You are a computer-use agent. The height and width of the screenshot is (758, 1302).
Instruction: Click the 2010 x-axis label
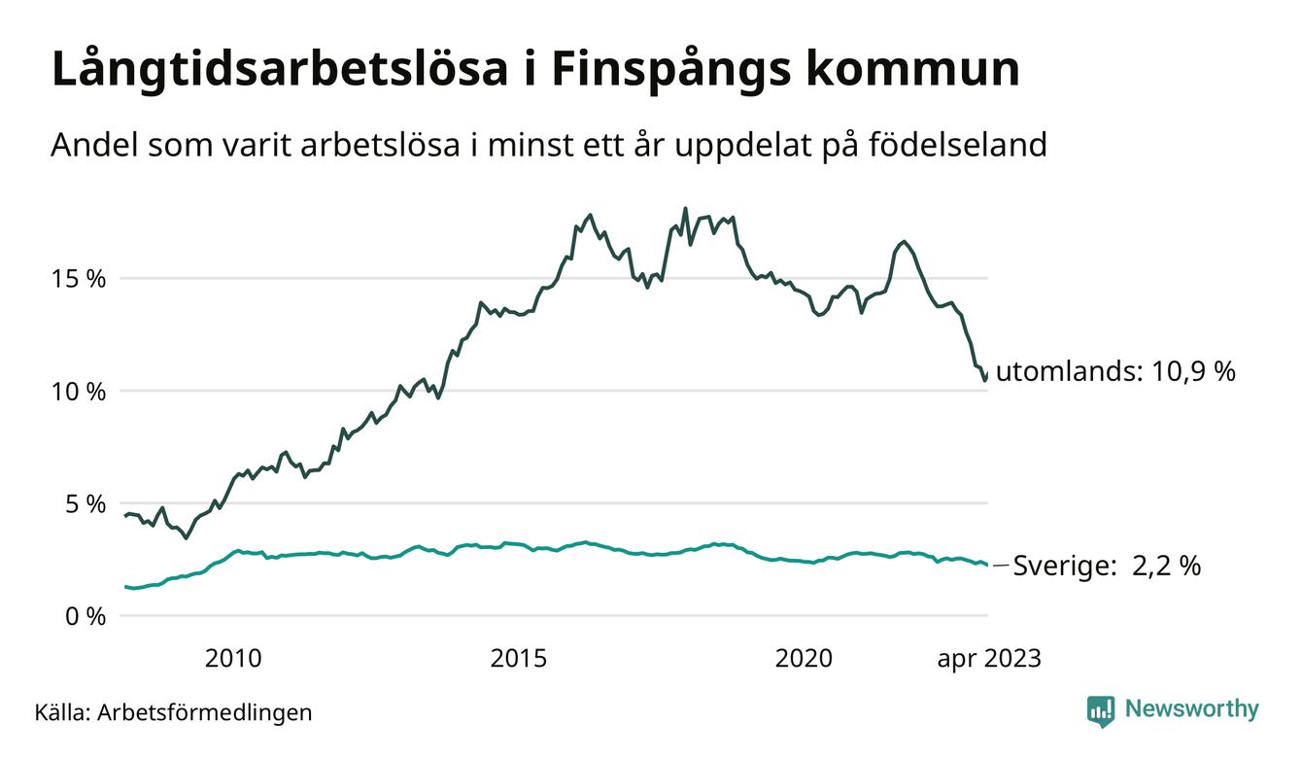(x=233, y=659)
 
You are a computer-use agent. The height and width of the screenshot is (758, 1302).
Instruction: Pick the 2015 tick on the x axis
(x=519, y=659)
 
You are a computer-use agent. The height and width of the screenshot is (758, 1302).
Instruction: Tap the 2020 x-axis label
(x=805, y=659)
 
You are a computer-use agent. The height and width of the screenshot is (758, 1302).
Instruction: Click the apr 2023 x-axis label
(x=988, y=659)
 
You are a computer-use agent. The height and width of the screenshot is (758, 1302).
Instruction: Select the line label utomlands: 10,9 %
(x=1115, y=371)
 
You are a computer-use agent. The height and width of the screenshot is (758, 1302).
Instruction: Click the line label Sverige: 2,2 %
(x=1107, y=566)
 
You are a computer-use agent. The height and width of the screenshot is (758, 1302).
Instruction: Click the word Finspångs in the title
(x=666, y=70)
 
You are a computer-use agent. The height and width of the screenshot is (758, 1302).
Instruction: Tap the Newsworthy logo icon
(x=1101, y=710)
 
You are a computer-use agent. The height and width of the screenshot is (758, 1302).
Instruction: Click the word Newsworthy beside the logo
(x=1191, y=709)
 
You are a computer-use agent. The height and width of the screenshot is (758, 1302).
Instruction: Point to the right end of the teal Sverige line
(x=987, y=565)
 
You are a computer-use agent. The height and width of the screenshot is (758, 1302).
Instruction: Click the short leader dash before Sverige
(x=1001, y=565)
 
